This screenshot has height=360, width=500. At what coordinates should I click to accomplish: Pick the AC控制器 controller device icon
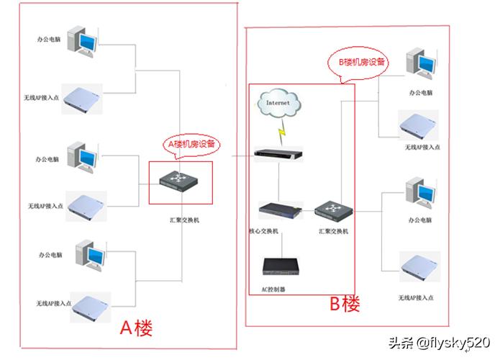tap(283, 266)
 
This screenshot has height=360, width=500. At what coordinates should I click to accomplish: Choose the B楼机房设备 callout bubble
tap(363, 62)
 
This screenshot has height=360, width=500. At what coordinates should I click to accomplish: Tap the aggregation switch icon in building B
tap(332, 210)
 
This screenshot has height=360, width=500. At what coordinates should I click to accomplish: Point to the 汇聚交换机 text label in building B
tap(333, 231)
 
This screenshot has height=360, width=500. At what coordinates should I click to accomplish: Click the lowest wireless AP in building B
tap(420, 269)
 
